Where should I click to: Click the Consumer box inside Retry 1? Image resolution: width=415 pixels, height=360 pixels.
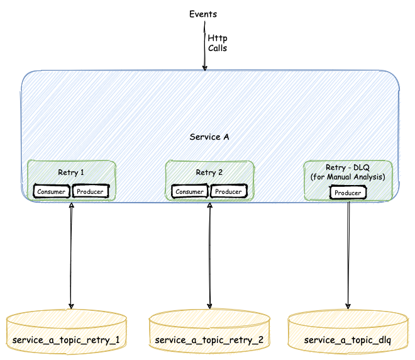click(x=52, y=191)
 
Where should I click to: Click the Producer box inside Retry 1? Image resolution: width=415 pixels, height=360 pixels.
click(x=90, y=191)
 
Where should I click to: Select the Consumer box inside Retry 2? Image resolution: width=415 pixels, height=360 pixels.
click(x=189, y=191)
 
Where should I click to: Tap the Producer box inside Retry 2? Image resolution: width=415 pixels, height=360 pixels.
click(x=228, y=191)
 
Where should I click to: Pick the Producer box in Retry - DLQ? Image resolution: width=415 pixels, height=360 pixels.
click(x=348, y=193)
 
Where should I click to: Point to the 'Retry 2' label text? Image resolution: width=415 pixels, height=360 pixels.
click(x=209, y=172)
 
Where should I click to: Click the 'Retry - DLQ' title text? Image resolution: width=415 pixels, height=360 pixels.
click(x=348, y=167)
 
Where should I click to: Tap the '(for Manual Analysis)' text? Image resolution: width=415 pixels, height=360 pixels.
click(x=348, y=177)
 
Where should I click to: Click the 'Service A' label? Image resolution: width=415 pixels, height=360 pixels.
click(x=209, y=137)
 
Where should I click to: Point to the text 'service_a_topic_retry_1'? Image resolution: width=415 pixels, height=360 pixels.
click(x=66, y=340)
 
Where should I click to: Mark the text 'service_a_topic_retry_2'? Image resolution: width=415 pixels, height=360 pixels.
click(x=210, y=340)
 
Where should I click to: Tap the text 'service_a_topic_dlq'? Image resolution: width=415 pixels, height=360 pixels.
click(x=348, y=340)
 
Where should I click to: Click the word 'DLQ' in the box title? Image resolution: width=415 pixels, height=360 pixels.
click(x=362, y=167)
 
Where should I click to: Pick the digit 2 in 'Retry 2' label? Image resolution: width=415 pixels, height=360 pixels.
click(x=219, y=172)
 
